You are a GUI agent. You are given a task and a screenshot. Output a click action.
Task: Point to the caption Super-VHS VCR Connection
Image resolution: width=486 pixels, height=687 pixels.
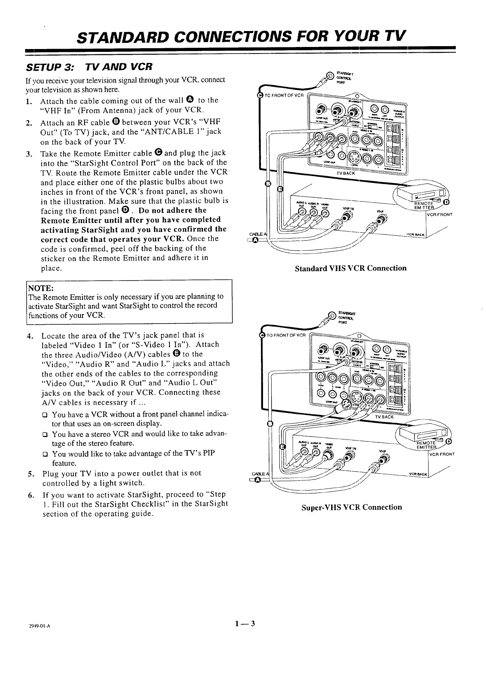[x=352, y=507]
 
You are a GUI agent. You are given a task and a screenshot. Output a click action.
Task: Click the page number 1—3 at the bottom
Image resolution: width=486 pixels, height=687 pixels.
[x=245, y=623]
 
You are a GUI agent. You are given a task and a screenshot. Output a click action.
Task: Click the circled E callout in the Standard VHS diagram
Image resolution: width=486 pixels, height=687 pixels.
[x=280, y=189]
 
